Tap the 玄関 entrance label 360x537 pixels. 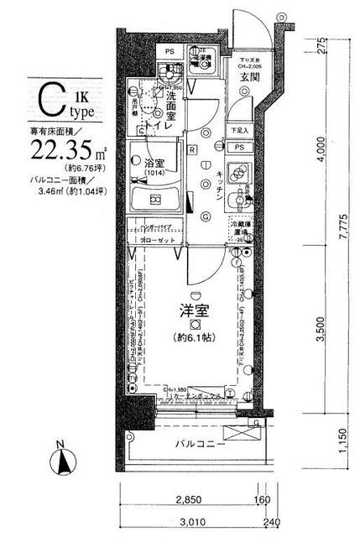pyautogui.click(x=248, y=78)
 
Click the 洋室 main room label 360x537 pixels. pyautogui.click(x=194, y=310)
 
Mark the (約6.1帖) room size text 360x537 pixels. pyautogui.click(x=194, y=338)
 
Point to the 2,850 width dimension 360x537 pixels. pyautogui.click(x=190, y=501)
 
